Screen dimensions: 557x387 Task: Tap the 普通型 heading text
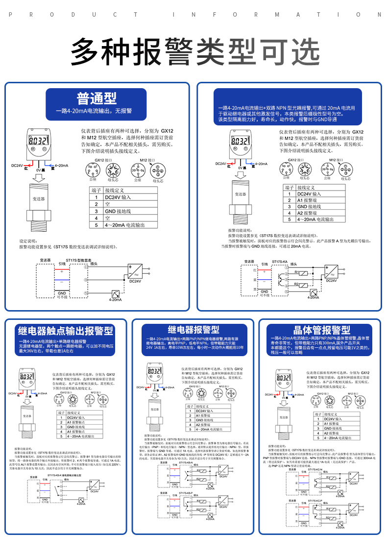[x=97, y=98]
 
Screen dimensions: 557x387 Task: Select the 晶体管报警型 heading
[x=321, y=330]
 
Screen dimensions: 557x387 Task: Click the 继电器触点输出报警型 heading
[x=65, y=331]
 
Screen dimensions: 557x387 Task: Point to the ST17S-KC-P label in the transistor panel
[x=319, y=500]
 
